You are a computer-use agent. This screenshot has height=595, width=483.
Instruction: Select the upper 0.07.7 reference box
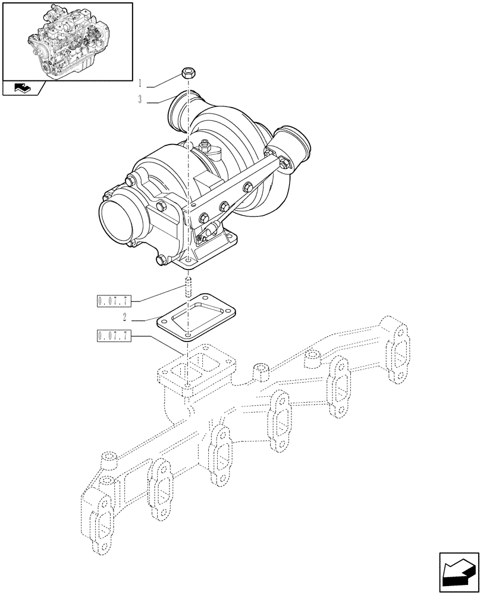pos(113,299)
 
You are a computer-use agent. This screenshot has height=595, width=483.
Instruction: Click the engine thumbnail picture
pos(67,40)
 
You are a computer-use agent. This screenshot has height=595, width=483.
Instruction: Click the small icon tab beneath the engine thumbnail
pos(23,89)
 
